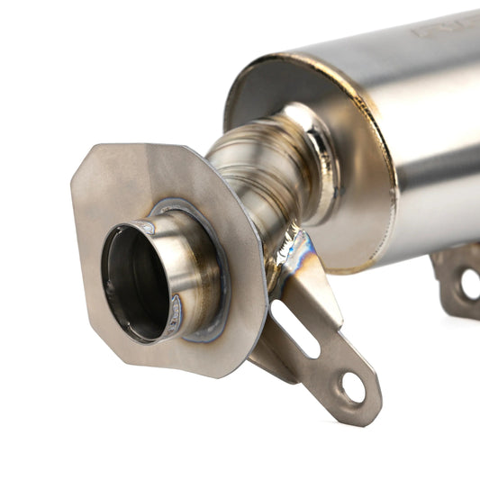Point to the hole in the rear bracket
(x=469, y=284)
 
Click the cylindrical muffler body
(x=423, y=135)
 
